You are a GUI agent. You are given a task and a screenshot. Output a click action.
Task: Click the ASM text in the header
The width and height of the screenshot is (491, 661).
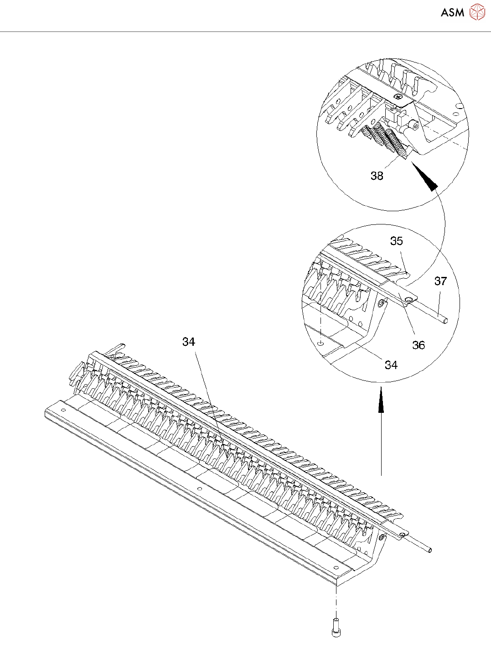pos(452,12)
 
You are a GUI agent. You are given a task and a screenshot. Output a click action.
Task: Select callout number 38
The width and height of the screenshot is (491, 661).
pos(377,176)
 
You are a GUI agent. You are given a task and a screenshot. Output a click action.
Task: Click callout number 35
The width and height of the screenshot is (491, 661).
pos(397,241)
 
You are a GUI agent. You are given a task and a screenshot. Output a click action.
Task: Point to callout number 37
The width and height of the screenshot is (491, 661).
pos(440,281)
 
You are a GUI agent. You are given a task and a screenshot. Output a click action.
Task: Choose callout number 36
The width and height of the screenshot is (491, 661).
pos(419,345)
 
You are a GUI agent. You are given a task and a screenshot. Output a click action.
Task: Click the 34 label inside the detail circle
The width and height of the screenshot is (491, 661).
pos(391,365)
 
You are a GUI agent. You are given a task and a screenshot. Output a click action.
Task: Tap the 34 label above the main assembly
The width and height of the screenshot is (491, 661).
pos(189,342)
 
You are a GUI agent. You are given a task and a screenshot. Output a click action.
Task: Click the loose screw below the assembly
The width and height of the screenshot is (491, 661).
pos(336,627)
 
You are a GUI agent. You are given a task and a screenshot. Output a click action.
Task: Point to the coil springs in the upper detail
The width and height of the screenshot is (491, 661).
pos(385,139)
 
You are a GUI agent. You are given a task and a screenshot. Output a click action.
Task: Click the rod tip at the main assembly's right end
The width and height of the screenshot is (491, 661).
pos(429,550)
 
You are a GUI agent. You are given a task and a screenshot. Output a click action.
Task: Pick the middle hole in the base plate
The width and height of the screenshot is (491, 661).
pos(199,489)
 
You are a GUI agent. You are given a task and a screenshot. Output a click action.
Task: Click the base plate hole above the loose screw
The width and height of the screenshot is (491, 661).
pos(336,567)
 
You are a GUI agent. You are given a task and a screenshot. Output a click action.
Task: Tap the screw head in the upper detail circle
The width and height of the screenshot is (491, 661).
pos(398,96)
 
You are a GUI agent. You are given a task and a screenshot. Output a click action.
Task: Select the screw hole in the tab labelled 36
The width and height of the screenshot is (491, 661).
pos(409,299)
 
